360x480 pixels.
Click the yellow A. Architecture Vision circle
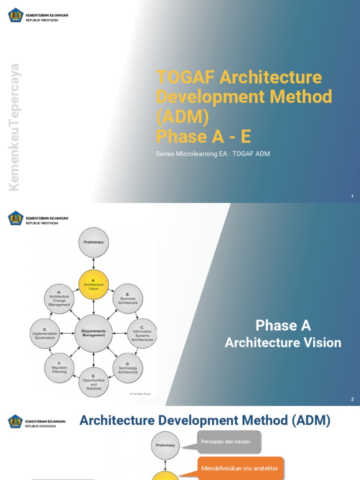pyautogui.click(x=94, y=285)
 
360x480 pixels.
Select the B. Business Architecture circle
pyautogui.click(x=128, y=299)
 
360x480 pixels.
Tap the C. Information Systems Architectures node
pyautogui.click(x=142, y=333)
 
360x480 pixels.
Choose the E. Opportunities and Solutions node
pyautogui.click(x=94, y=382)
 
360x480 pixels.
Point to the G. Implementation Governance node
pyautogui.click(x=45, y=333)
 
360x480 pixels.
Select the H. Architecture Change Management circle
pyautogui.click(x=60, y=299)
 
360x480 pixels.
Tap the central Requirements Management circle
pyautogui.click(x=94, y=333)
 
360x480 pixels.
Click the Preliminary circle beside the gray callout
pyautogui.click(x=165, y=445)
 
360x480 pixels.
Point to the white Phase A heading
pyautogui.click(x=283, y=325)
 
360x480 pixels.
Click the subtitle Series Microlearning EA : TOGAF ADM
pyautogui.click(x=213, y=154)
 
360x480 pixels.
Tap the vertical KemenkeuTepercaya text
pyautogui.click(x=15, y=127)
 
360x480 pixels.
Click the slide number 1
pyautogui.click(x=352, y=196)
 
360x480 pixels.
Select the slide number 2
pyautogui.click(x=352, y=399)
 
